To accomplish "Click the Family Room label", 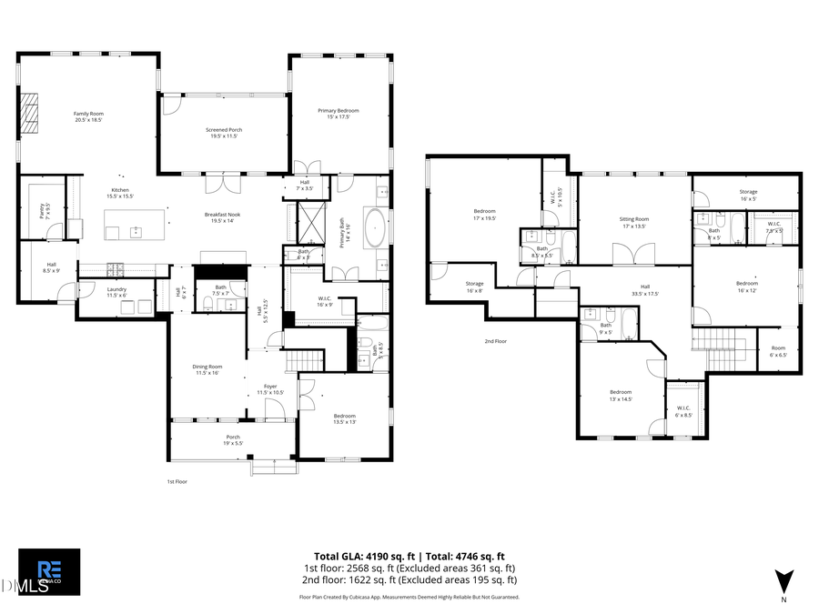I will tap(88, 116).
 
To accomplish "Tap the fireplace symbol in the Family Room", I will tap(33, 114).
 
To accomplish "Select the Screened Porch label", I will tap(223, 133).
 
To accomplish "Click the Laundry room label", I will tap(116, 292).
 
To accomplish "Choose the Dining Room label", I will tap(207, 369).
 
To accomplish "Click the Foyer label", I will tap(270, 389).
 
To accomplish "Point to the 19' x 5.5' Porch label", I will tap(233, 439).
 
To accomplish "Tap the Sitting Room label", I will tap(634, 222).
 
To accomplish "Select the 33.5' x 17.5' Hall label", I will tap(644, 291).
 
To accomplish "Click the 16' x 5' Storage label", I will tap(748, 195).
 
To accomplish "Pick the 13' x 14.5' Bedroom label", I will tap(621, 396).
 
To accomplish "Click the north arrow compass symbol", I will tap(783, 582).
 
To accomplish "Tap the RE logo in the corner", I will tap(49, 567).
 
